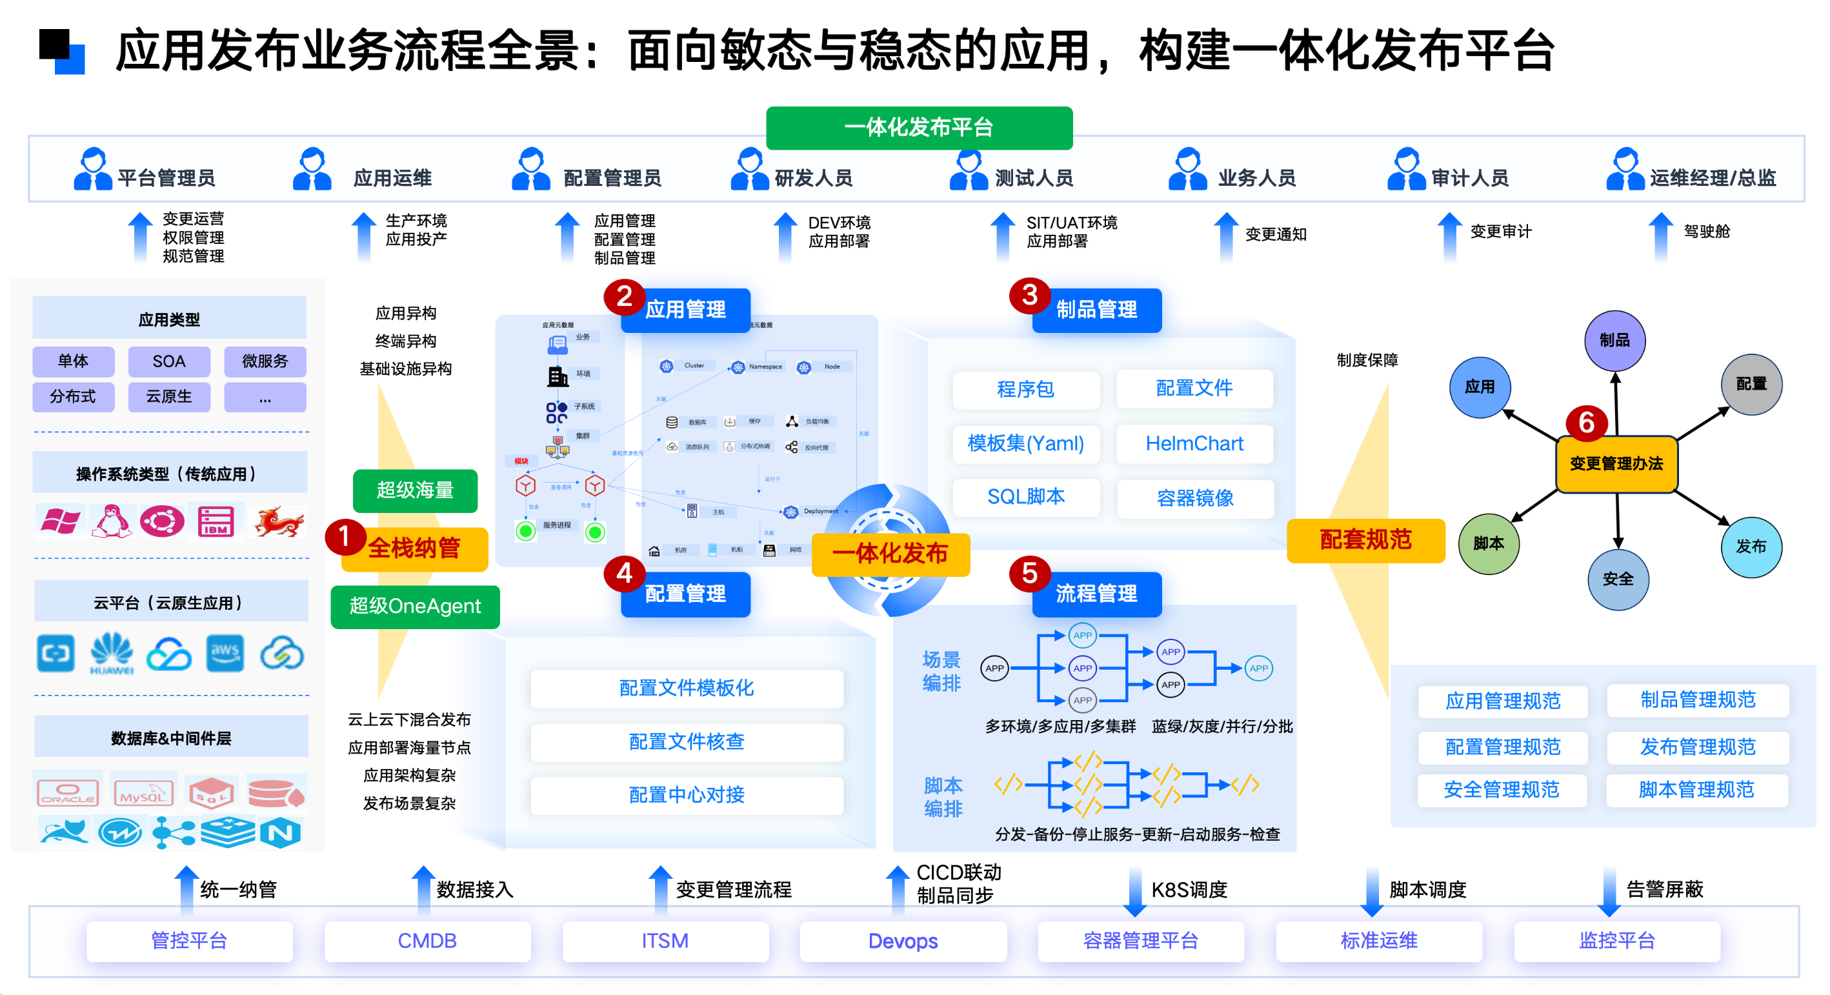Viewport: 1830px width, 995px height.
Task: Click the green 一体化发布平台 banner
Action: (x=919, y=127)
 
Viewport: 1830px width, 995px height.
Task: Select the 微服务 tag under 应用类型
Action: (x=265, y=361)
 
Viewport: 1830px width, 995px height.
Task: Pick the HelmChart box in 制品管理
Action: (x=1194, y=444)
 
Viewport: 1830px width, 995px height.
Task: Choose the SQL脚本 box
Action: (x=1025, y=497)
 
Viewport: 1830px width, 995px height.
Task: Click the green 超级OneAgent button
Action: (x=415, y=607)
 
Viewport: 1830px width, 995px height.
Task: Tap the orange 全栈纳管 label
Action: (x=414, y=548)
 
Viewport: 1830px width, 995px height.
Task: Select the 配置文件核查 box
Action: (x=687, y=742)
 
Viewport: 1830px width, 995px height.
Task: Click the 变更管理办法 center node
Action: (x=1616, y=464)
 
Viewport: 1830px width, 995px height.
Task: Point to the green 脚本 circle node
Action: (x=1488, y=544)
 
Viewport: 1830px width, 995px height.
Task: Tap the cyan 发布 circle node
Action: (x=1751, y=547)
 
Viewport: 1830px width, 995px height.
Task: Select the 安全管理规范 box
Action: (x=1501, y=790)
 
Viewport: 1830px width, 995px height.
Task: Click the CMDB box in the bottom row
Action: (x=427, y=941)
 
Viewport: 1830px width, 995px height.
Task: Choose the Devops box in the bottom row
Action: (x=903, y=941)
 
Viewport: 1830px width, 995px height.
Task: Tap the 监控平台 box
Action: (x=1617, y=941)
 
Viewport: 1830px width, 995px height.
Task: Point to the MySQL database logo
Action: (x=144, y=792)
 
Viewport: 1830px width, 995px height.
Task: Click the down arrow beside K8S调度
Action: (x=1134, y=892)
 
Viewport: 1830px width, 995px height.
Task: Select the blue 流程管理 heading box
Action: (x=1096, y=594)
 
